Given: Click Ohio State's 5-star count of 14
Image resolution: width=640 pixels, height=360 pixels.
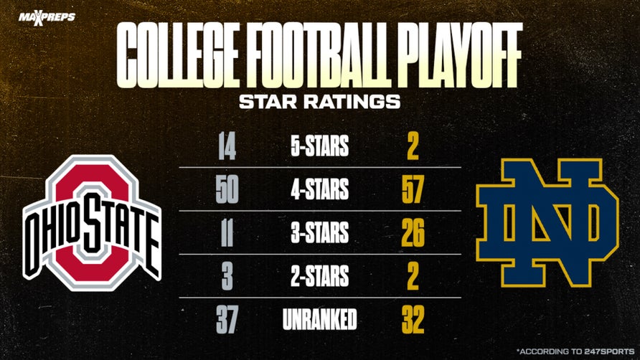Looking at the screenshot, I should tap(227, 148).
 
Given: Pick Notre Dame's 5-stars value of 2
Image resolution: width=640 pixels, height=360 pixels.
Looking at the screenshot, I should tap(412, 148).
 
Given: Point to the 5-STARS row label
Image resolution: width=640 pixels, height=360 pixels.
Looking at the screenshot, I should tap(320, 148).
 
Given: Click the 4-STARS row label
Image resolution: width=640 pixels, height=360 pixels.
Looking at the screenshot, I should tap(320, 191).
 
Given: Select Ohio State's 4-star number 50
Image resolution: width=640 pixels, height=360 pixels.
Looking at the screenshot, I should tap(227, 191).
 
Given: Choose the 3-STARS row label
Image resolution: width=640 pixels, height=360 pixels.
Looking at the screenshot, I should tap(320, 233).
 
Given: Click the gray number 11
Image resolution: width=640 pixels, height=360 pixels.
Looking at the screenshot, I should tap(227, 233).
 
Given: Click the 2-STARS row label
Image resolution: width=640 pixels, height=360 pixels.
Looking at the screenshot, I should tap(320, 276).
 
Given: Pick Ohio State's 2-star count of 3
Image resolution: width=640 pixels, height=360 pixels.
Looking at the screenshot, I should tap(227, 276).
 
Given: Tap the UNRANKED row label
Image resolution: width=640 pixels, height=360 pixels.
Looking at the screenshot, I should tap(320, 318).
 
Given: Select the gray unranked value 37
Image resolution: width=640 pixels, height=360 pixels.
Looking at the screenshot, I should tap(227, 318).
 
